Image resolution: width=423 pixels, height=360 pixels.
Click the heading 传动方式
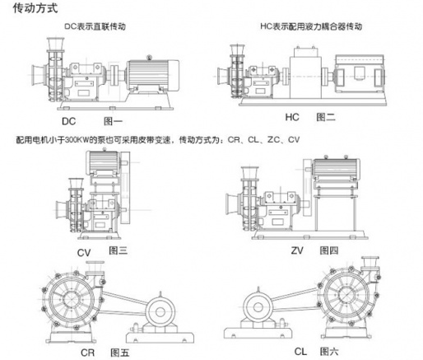(x=35, y=8)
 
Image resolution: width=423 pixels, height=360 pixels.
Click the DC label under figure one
(x=68, y=121)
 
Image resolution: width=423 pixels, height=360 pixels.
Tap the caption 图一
(x=113, y=121)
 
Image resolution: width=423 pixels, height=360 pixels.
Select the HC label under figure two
(x=292, y=117)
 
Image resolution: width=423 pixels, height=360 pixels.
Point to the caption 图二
(x=326, y=117)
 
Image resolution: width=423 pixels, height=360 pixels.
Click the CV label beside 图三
(x=84, y=253)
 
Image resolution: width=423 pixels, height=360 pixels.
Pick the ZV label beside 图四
(x=297, y=250)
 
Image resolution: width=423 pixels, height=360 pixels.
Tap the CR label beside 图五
(x=87, y=353)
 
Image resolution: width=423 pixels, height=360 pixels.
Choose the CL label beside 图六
(x=300, y=352)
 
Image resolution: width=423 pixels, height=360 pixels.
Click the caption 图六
(x=329, y=352)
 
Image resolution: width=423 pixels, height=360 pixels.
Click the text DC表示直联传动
(x=95, y=26)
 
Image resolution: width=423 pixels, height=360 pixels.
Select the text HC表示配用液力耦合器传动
(x=311, y=26)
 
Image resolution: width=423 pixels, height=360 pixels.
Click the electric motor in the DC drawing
(x=152, y=75)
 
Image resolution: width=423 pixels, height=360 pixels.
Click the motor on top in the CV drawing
(x=103, y=162)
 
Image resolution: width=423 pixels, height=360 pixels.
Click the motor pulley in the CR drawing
(x=160, y=312)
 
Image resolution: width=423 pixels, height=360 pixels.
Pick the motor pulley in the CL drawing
(x=258, y=307)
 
